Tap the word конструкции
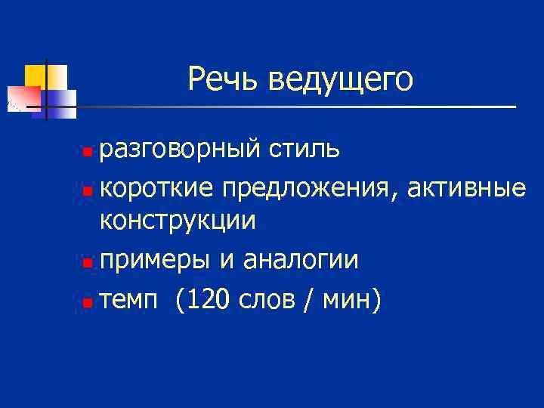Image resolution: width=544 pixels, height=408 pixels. click(178, 221)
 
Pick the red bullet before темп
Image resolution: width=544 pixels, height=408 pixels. click(88, 304)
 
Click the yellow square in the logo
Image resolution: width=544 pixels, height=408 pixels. click(36, 75)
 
